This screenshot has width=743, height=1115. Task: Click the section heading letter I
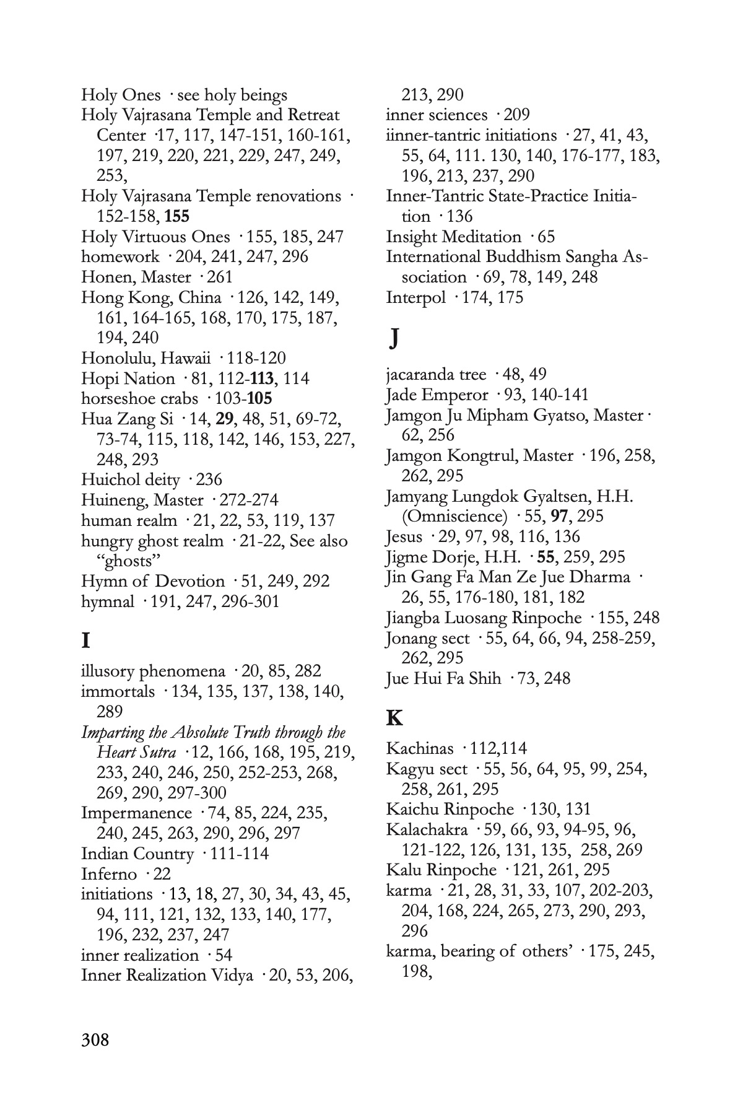point(85,641)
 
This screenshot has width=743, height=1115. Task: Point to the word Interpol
point(415,297)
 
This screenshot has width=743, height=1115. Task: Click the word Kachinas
point(419,748)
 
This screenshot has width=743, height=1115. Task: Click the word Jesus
point(404,536)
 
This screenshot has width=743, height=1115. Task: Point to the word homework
point(119,256)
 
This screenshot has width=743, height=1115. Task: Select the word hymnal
point(107,601)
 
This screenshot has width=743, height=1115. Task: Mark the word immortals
point(118,691)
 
